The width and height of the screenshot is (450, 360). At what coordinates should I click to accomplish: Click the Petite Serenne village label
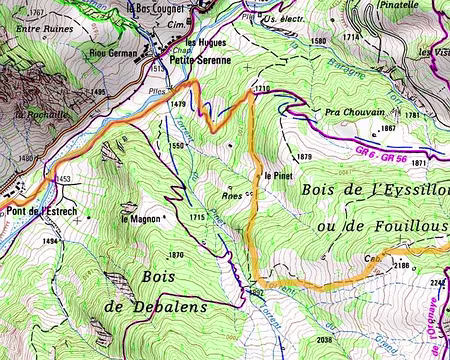(201, 59)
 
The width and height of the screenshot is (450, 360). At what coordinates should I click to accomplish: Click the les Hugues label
(205, 44)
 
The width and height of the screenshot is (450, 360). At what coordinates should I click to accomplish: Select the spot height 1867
(389, 129)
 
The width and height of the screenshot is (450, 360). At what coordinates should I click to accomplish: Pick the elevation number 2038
(325, 340)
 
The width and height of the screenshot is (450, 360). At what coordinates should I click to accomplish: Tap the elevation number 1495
(96, 92)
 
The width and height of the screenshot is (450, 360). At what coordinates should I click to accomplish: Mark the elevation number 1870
(176, 255)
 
